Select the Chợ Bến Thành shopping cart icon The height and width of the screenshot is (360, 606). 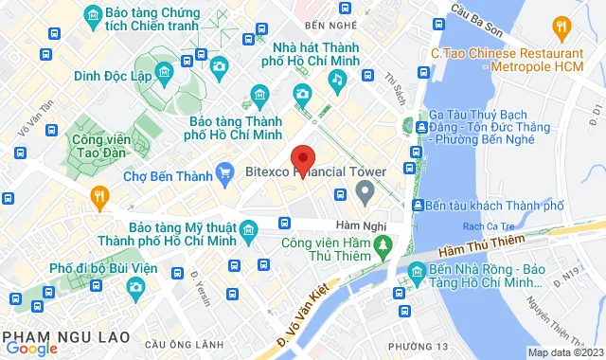coord(224,171)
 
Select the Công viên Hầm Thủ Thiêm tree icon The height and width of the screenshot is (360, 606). coord(383,248)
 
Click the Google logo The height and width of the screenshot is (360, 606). coord(30,348)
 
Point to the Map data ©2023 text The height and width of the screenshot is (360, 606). coord(564,353)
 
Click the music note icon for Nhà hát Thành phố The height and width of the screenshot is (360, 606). coord(336,80)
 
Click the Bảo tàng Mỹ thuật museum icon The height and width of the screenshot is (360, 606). coord(248,230)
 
